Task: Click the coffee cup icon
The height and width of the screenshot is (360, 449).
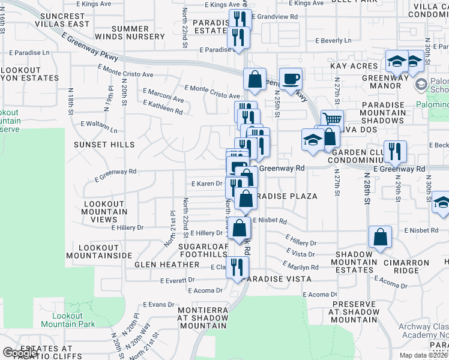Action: pyautogui.click(x=291, y=79)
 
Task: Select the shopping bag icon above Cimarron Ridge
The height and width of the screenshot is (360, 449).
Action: pyautogui.click(x=380, y=237)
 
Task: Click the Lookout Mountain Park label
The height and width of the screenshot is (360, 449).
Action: pyautogui.click(x=68, y=320)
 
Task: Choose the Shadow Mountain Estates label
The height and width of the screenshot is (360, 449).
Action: pyautogui.click(x=354, y=266)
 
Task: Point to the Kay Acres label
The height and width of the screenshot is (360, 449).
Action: pyautogui.click(x=354, y=66)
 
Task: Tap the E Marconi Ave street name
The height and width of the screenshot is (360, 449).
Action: pyautogui.click(x=163, y=97)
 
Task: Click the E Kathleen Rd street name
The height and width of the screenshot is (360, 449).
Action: pyautogui.click(x=163, y=107)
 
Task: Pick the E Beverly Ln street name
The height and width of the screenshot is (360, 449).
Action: pyautogui.click(x=334, y=41)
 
